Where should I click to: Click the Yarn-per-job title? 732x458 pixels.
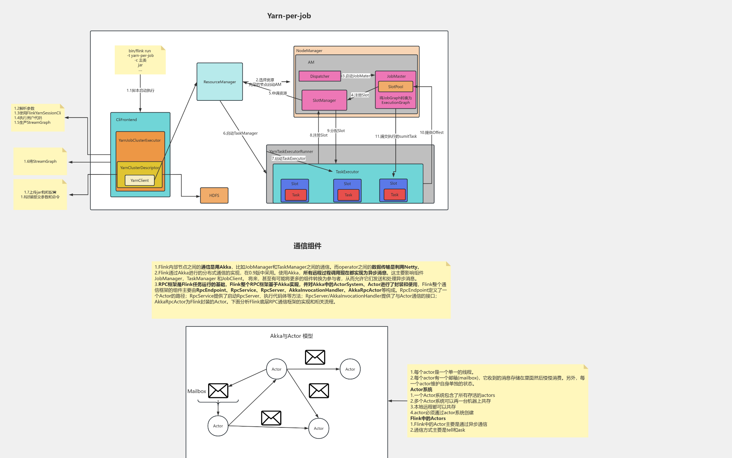click(289, 16)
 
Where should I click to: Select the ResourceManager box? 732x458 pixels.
click(220, 82)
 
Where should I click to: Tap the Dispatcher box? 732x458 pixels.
click(319, 76)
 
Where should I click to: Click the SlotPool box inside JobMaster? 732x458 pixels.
click(395, 87)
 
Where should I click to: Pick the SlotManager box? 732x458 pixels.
click(324, 100)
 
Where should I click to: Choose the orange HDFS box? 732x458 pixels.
click(214, 195)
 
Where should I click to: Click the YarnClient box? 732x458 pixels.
click(140, 181)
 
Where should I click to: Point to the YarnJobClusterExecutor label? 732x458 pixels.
click(140, 140)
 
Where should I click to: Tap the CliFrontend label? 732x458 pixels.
click(126, 120)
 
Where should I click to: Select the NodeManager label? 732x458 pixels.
click(309, 51)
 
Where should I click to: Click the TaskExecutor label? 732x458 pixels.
click(347, 172)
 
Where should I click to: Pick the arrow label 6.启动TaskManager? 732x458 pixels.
click(240, 133)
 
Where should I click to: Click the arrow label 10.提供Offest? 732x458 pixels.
click(432, 132)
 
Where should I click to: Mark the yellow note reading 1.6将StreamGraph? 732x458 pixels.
click(40, 161)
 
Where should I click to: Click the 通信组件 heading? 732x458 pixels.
click(307, 246)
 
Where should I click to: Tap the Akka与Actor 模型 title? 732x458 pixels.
click(291, 336)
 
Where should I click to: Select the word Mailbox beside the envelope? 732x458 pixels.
click(197, 391)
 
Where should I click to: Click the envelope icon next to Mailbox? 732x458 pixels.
click(218, 391)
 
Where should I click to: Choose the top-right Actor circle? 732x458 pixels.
click(350, 369)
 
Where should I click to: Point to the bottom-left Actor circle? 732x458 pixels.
click(218, 426)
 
